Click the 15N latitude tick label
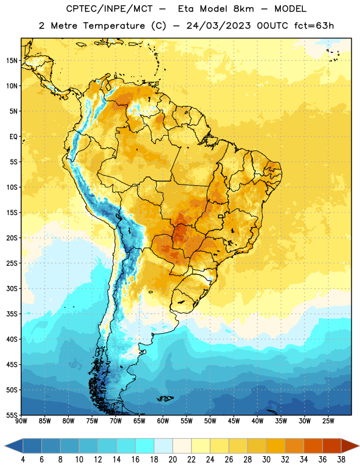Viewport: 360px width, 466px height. click(x=12, y=61)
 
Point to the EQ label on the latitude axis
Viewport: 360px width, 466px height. click(x=13, y=137)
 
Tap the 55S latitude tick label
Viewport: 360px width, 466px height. click(x=12, y=415)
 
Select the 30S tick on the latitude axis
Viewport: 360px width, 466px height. click(x=12, y=288)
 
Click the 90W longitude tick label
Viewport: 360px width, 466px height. click(x=21, y=421)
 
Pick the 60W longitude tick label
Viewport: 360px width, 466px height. click(x=163, y=421)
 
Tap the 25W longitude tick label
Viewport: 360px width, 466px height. click(x=328, y=421)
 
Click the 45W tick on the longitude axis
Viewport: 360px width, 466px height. click(x=234, y=421)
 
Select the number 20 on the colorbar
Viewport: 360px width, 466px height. click(x=172, y=460)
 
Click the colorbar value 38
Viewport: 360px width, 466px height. click(x=341, y=460)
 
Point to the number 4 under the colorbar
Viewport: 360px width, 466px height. click(x=23, y=460)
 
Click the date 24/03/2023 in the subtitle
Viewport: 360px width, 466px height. click(x=218, y=26)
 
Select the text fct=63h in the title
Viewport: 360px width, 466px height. click(x=314, y=26)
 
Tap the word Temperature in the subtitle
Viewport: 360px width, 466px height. click(x=114, y=26)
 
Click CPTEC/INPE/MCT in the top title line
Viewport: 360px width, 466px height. click(x=109, y=9)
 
